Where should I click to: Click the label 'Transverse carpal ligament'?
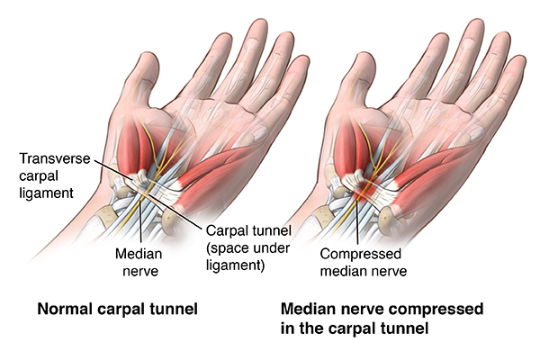pyautogui.click(x=54, y=175)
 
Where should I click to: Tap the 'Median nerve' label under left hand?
pyautogui.click(x=139, y=263)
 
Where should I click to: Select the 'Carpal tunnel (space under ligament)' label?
pyautogui.click(x=248, y=248)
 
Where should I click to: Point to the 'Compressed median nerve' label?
pyautogui.click(x=364, y=263)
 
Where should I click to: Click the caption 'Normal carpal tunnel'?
pyautogui.click(x=117, y=309)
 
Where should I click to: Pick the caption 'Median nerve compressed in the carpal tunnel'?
pyautogui.click(x=382, y=319)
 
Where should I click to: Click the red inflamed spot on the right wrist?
pyautogui.click(x=364, y=191)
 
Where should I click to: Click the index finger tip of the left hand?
pyautogui.click(x=223, y=37)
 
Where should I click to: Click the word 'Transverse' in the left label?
pyautogui.click(x=54, y=158)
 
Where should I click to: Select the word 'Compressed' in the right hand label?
pyautogui.click(x=361, y=254)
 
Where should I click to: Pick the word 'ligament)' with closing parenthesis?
pyautogui.click(x=235, y=265)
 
